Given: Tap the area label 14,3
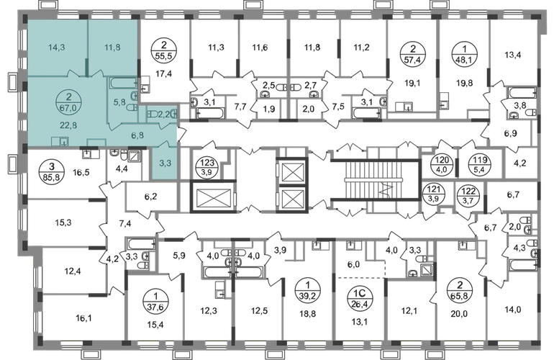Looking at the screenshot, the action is pos(57,48).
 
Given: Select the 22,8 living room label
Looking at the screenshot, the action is pos(68,125).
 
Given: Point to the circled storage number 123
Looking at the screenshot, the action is pos(208,166).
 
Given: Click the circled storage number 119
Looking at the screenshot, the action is pos(480,164).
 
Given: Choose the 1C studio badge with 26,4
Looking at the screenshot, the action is pos(360,298).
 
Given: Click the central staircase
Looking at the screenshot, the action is pos(375,180).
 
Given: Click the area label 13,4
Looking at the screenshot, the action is pos(513,55).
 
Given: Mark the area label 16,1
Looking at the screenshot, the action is pos(83,319).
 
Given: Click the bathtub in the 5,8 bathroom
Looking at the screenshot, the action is pos(123,84).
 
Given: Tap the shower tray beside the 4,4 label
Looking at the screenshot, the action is pos(135,156).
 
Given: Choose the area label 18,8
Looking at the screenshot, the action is pos(308,313).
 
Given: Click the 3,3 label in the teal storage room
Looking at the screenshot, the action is pos(165,163).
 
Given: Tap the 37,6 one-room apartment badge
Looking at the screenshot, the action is pos(154,302).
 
